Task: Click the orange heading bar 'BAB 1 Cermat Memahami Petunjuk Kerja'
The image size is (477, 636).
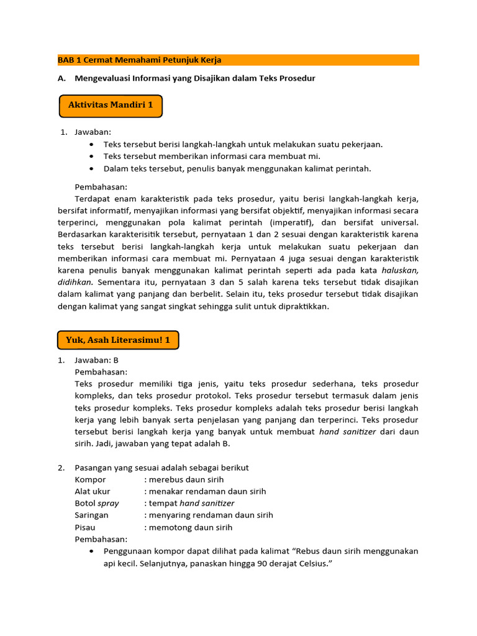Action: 238,60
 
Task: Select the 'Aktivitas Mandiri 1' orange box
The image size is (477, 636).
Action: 111,106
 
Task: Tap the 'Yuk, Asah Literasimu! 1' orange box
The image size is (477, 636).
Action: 118,340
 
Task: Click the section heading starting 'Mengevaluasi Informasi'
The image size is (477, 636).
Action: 195,78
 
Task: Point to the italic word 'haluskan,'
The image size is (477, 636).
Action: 400,270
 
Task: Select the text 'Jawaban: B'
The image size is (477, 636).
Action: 96,360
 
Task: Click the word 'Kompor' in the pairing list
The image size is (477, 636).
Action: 90,479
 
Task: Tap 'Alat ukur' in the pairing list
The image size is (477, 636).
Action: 93,491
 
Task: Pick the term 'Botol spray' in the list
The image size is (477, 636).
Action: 97,503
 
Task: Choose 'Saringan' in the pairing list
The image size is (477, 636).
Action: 91,515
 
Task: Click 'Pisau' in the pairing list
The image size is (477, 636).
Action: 86,527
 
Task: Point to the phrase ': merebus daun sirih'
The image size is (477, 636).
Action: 184,479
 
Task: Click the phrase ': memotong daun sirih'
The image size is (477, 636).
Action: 188,527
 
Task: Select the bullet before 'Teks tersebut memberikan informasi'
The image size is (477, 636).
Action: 92,157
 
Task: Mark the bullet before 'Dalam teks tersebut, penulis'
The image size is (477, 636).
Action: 92,169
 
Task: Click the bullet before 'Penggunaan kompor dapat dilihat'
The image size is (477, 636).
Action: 92,551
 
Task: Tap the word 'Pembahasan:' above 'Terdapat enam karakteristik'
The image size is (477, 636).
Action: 101,187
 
